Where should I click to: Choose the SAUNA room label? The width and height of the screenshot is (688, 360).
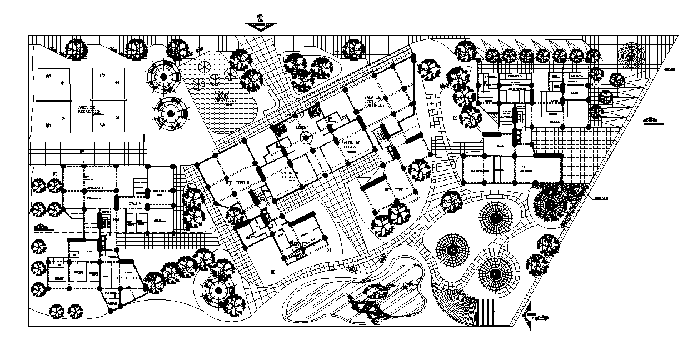coord(136,204)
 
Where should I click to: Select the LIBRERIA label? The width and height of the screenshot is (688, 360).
coord(490,77)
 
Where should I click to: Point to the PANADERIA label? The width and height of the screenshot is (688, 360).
coord(513,76)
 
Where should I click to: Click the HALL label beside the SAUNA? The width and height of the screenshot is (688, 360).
coord(117,220)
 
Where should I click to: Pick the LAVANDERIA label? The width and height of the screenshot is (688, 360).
coord(505,118)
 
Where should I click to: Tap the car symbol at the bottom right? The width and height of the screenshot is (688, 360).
coord(540,317)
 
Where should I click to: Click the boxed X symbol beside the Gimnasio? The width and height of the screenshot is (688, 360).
coord(54,174)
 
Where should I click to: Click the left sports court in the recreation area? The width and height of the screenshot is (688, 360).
coord(54,101)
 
